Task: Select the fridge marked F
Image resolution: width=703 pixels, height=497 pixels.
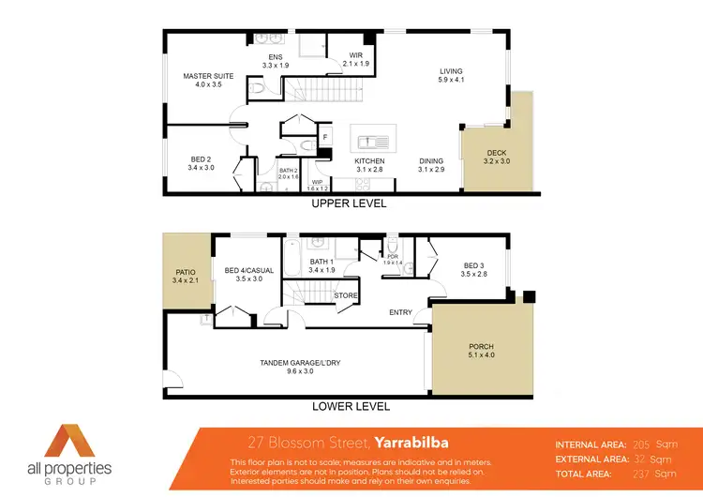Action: pos(325,138)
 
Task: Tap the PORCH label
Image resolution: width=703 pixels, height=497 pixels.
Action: pos(481,347)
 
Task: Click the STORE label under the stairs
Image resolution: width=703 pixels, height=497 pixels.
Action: pos(347,295)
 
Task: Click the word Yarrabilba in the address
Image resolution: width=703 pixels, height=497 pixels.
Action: pos(415,442)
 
